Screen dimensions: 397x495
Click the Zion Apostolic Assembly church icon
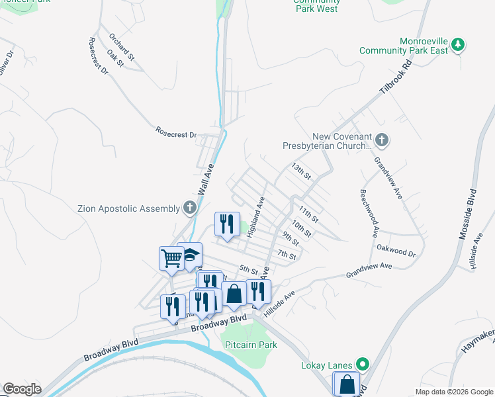[x=189, y=208]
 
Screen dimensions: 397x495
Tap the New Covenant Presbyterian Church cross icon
[x=381, y=140]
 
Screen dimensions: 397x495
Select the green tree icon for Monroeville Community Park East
[x=457, y=45]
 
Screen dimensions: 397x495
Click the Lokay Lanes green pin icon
[x=362, y=364]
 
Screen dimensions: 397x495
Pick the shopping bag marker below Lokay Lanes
[x=347, y=384]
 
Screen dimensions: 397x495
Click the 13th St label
[x=301, y=171]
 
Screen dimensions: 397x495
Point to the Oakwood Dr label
[x=395, y=252]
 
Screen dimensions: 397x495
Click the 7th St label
[x=286, y=255]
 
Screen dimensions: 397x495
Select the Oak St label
[x=116, y=59]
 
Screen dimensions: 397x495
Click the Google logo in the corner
[x=22, y=389]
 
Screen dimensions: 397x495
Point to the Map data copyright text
[x=453, y=392]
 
